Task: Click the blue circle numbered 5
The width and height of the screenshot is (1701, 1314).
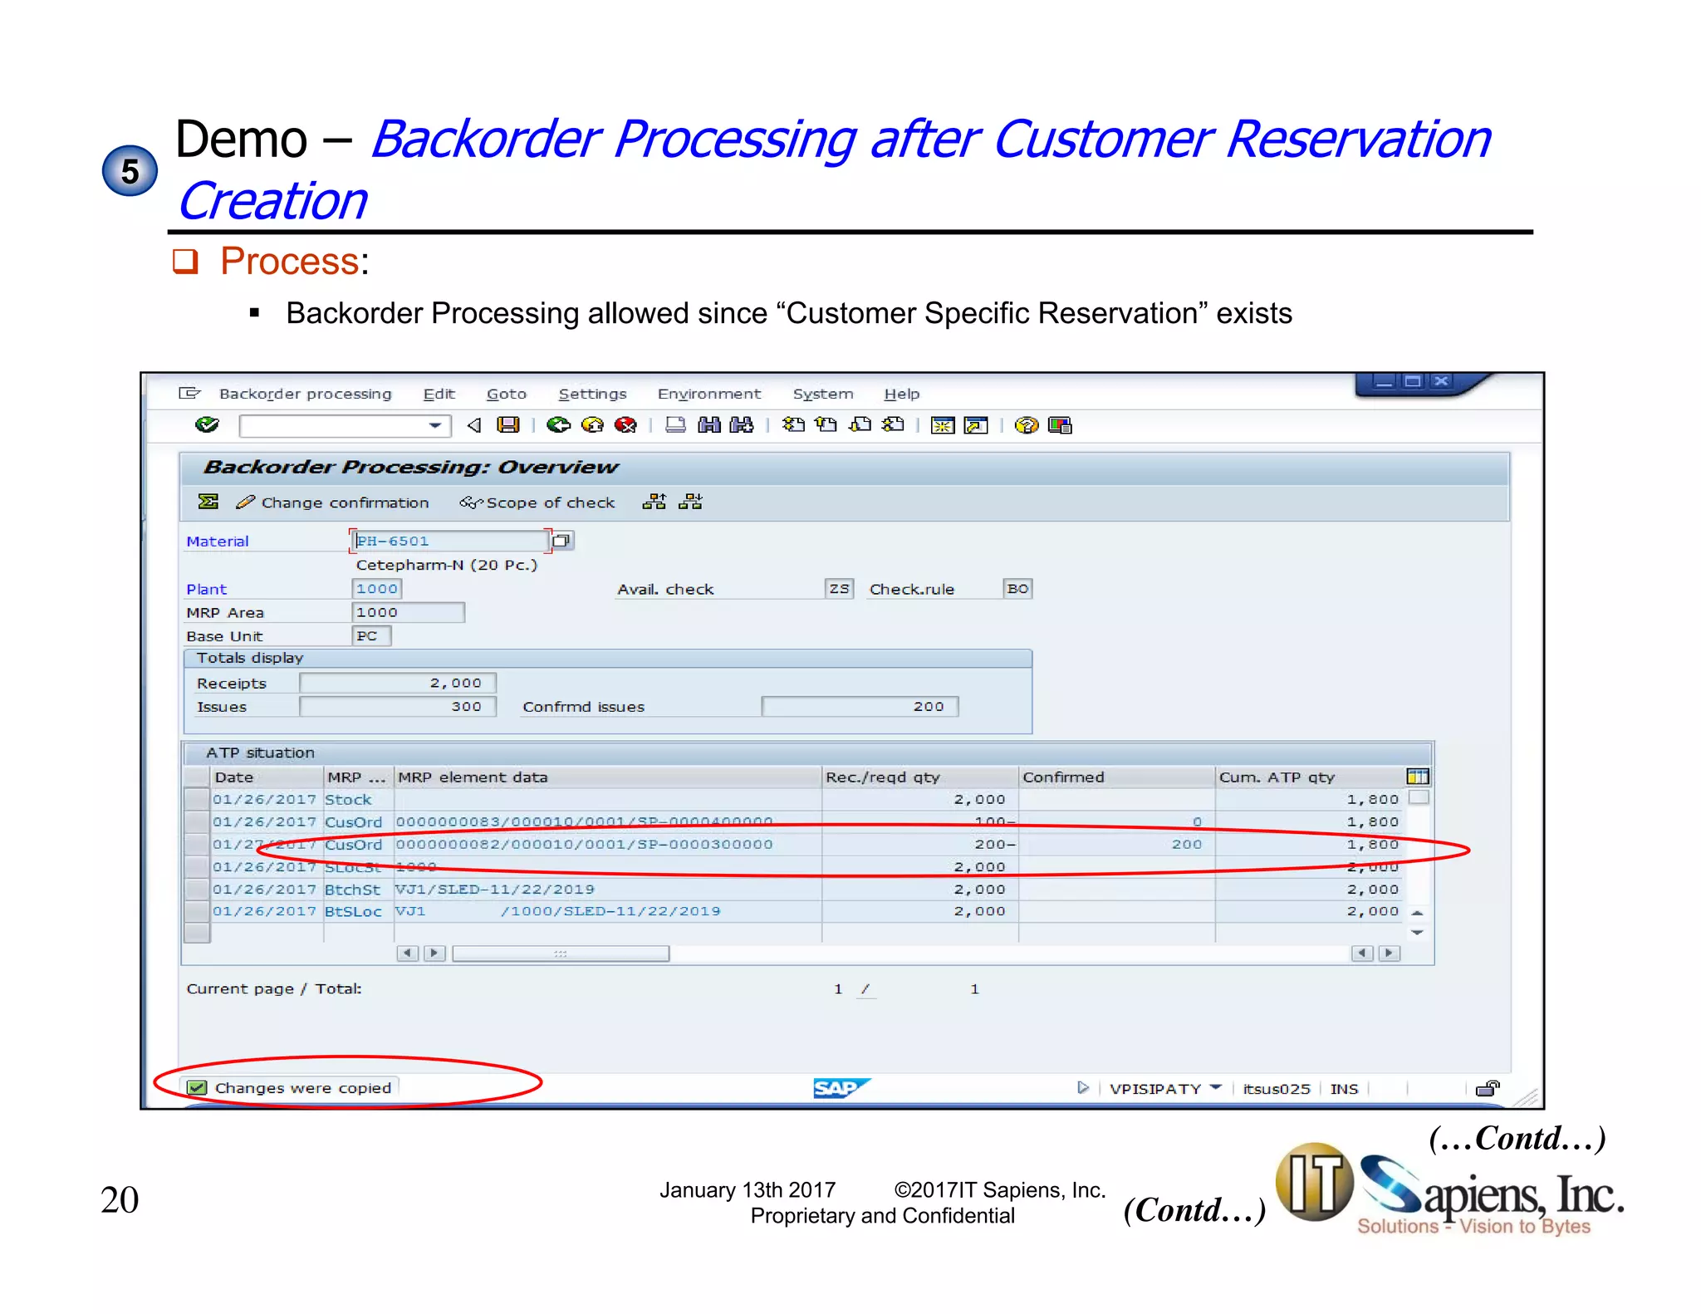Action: click(x=130, y=171)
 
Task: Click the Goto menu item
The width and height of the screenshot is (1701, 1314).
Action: click(x=506, y=394)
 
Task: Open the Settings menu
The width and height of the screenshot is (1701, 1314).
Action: click(x=592, y=394)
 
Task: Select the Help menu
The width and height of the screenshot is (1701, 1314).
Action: click(x=901, y=394)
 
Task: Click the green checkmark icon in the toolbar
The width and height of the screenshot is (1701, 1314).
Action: click(x=207, y=425)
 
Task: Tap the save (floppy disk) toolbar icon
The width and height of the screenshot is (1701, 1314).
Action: click(x=507, y=425)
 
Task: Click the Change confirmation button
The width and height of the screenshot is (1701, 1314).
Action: click(x=334, y=503)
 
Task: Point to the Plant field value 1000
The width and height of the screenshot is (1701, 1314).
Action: click(x=376, y=589)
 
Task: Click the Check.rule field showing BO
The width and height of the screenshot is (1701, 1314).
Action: click(x=1017, y=589)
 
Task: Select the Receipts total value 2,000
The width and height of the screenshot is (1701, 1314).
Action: click(x=398, y=683)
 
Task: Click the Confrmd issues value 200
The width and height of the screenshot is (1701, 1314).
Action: click(x=860, y=706)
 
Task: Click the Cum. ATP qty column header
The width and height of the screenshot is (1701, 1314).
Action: click(x=1277, y=777)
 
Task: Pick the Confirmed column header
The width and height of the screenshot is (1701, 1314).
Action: click(x=1063, y=777)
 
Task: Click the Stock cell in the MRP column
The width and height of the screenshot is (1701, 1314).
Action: click(x=348, y=800)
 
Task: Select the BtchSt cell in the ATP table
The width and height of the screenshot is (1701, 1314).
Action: click(x=352, y=890)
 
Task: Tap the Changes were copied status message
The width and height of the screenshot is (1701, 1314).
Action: click(x=302, y=1088)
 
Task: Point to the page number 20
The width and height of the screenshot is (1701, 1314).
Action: click(x=120, y=1200)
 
